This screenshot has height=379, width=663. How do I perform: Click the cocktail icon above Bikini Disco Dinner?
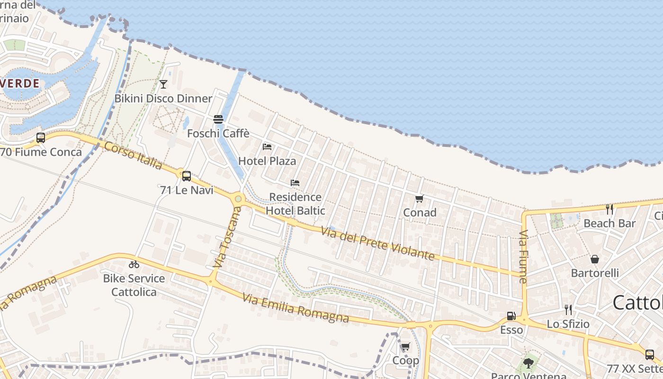pyautogui.click(x=163, y=84)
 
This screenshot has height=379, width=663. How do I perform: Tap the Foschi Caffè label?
pyautogui.click(x=218, y=134)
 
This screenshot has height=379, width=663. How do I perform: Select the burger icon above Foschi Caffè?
pyautogui.click(x=218, y=119)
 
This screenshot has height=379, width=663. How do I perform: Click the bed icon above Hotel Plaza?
pyautogui.click(x=267, y=147)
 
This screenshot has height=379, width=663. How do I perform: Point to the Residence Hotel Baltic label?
pyautogui.click(x=296, y=204)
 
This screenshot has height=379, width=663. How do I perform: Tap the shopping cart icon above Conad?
pyautogui.click(x=419, y=199)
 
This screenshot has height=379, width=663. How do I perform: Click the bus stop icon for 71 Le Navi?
pyautogui.click(x=187, y=176)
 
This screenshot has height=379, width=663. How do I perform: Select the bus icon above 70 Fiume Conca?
pyautogui.click(x=41, y=138)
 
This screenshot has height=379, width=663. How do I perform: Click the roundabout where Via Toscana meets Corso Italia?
pyautogui.click(x=238, y=199)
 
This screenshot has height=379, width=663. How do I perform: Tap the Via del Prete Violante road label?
pyautogui.click(x=377, y=244)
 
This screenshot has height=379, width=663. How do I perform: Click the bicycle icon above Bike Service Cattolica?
pyautogui.click(x=134, y=264)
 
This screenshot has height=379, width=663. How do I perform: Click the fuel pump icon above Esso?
pyautogui.click(x=511, y=316)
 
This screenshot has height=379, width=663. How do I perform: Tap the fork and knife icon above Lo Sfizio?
pyautogui.click(x=568, y=310)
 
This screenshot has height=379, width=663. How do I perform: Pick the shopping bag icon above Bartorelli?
pyautogui.click(x=595, y=259)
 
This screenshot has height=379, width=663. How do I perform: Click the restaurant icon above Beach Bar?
pyautogui.click(x=609, y=209)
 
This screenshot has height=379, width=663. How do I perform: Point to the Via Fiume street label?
pyautogui.click(x=523, y=257)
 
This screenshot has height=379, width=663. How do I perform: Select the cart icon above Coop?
pyautogui.click(x=405, y=347)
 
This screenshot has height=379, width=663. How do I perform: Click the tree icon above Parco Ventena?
pyautogui.click(x=529, y=363)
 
